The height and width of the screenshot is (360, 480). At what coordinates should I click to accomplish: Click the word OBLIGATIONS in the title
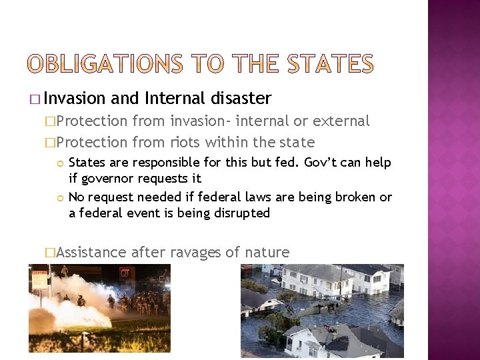104,64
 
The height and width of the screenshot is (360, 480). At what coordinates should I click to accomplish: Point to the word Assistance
91,252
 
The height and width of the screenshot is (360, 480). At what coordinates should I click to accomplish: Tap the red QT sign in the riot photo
126,273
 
